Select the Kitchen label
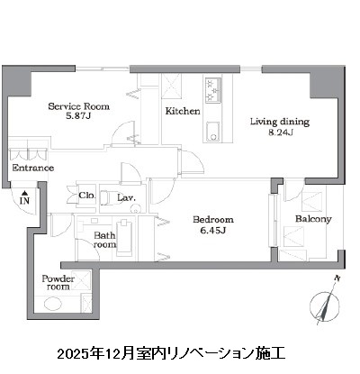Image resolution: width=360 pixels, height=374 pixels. point(181,112)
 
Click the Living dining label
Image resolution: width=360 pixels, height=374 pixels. point(278,122)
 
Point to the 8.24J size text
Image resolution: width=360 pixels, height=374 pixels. point(278,132)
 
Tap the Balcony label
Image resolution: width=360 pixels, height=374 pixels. point(314,219)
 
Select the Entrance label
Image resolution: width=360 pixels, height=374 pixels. point(33,168)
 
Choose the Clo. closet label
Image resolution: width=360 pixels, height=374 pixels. point(86,195)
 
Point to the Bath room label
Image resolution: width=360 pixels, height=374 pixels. point(105,239)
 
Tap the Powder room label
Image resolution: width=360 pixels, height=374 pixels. point(58,284)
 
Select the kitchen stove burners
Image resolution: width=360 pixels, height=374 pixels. point(213,90)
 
